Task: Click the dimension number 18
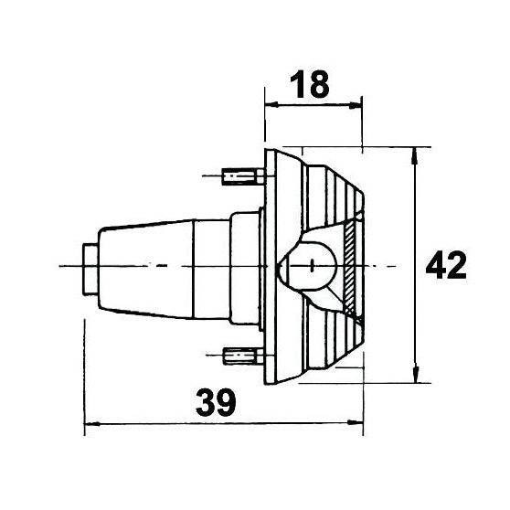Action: (x=309, y=85)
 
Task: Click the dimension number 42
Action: (x=446, y=265)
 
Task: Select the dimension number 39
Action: (x=216, y=402)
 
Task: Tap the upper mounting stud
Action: (x=242, y=176)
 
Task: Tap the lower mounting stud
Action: (x=244, y=356)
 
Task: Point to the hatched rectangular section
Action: (x=349, y=266)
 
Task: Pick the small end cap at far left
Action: (x=90, y=269)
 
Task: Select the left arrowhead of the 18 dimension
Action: (x=272, y=104)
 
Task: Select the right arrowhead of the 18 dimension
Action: (x=355, y=105)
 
